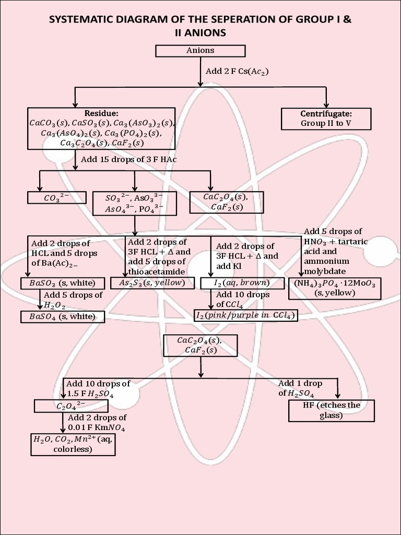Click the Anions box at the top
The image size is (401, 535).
pyautogui.click(x=200, y=51)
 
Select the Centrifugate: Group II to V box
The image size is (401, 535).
pyautogui.click(x=326, y=119)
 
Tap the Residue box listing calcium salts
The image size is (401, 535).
pyautogui.click(x=101, y=128)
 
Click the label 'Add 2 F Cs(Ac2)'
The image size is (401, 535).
pyautogui.click(x=237, y=71)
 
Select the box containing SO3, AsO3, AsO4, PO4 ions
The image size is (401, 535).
pyautogui.click(x=134, y=203)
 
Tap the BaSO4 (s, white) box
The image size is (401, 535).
pyautogui.click(x=62, y=316)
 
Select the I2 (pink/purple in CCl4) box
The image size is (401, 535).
pyautogui.click(x=245, y=315)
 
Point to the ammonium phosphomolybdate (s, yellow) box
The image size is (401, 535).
pyautogui.click(x=335, y=288)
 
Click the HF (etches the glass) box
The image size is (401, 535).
pyautogui.click(x=331, y=411)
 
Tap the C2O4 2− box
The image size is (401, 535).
pyautogui.click(x=71, y=406)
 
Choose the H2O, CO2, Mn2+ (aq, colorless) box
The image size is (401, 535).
pyautogui.click(x=72, y=444)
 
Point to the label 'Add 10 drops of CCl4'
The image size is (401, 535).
pyautogui.click(x=243, y=299)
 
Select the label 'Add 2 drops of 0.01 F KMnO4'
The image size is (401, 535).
pyautogui.click(x=97, y=423)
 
